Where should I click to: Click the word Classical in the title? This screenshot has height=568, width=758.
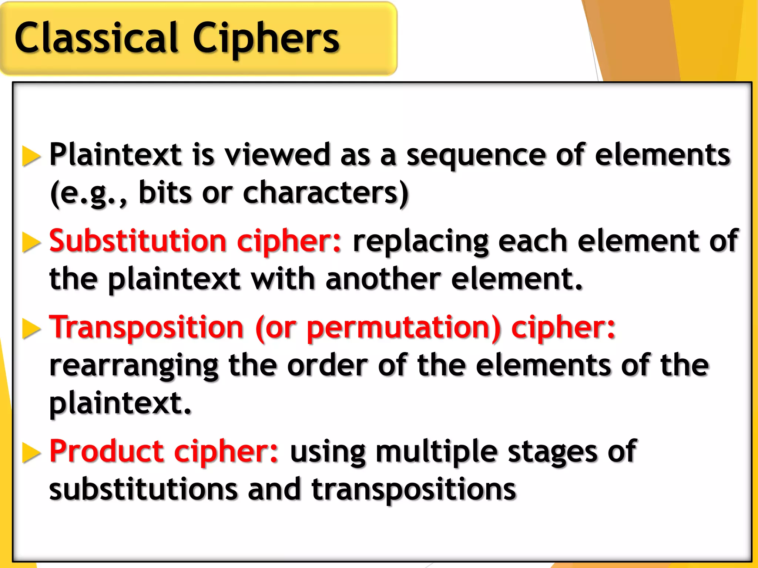[96, 38]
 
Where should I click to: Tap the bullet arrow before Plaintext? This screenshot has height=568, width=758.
[31, 156]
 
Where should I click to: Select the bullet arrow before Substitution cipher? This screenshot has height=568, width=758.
[31, 242]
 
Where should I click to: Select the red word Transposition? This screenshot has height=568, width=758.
[147, 327]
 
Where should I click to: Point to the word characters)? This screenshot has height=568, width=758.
[326, 193]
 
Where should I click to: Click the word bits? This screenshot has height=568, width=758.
[165, 193]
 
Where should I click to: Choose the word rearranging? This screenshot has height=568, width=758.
[134, 366]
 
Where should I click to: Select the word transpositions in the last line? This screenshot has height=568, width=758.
[413, 490]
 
